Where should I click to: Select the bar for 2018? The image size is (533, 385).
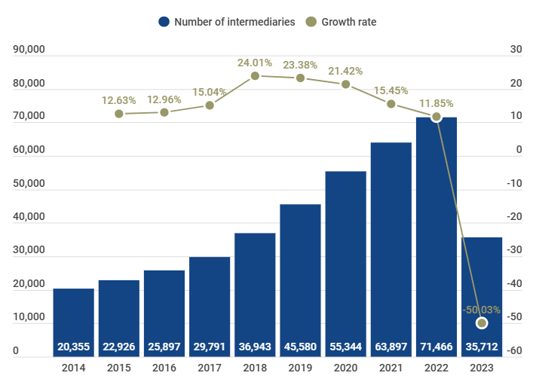click(x=255, y=294)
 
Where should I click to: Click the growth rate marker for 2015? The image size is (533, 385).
click(x=119, y=114)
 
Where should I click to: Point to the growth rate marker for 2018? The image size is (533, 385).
click(x=255, y=76)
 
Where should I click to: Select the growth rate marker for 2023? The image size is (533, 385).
click(x=482, y=323)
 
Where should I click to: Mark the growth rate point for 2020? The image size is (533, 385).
click(x=346, y=84)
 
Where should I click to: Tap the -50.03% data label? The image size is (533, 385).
click(x=481, y=310)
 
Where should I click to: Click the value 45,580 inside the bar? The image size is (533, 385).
click(x=300, y=347)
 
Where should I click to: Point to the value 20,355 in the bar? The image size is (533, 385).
click(x=73, y=347)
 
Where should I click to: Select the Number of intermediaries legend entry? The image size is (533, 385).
click(x=227, y=22)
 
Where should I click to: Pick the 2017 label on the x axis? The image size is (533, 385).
click(x=210, y=368)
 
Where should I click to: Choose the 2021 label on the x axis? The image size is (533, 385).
click(x=391, y=368)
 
